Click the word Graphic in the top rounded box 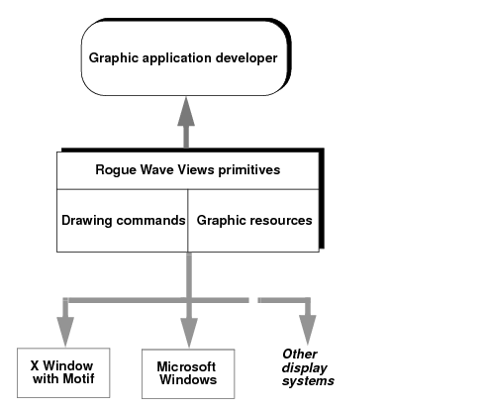[x=112, y=58]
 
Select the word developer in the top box [x=246, y=57]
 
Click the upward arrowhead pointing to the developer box [x=186, y=111]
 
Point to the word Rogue [x=116, y=170]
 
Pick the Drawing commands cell [x=123, y=221]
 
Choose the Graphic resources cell [x=253, y=221]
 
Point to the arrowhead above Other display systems [x=308, y=330]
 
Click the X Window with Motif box [x=63, y=372]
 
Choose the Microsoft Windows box [x=188, y=373]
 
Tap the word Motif [x=80, y=378]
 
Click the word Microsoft [x=186, y=366]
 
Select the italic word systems [x=308, y=381]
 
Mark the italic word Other [x=300, y=354]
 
